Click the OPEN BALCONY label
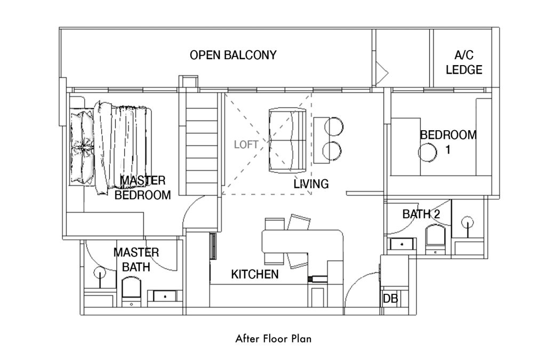pyautogui.click(x=233, y=55)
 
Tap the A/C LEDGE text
pyautogui.click(x=464, y=62)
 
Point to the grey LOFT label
pyautogui.click(x=246, y=145)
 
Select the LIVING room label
pyautogui.click(x=311, y=184)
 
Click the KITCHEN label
pyautogui.click(x=255, y=274)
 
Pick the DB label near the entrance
pyautogui.click(x=390, y=298)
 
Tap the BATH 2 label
pyautogui.click(x=421, y=214)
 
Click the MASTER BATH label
pyautogui.click(x=136, y=260)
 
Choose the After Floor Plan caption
pyautogui.click(x=274, y=339)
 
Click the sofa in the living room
pyautogui.click(x=287, y=140)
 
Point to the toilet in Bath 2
pyautogui.click(x=436, y=239)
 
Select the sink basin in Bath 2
pyautogui.click(x=403, y=244)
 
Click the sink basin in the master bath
pyautogui.click(x=165, y=297)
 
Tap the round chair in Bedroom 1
pyautogui.click(x=427, y=152)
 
